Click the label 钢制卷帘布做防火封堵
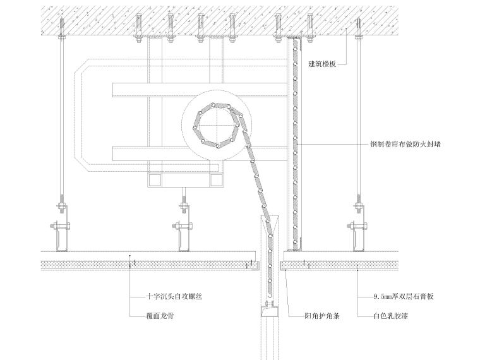pos(404,144)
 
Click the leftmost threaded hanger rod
pos(63,114)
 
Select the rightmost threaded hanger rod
pos(358,114)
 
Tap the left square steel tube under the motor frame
pos(154,181)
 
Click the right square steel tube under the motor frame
pos(215,181)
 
